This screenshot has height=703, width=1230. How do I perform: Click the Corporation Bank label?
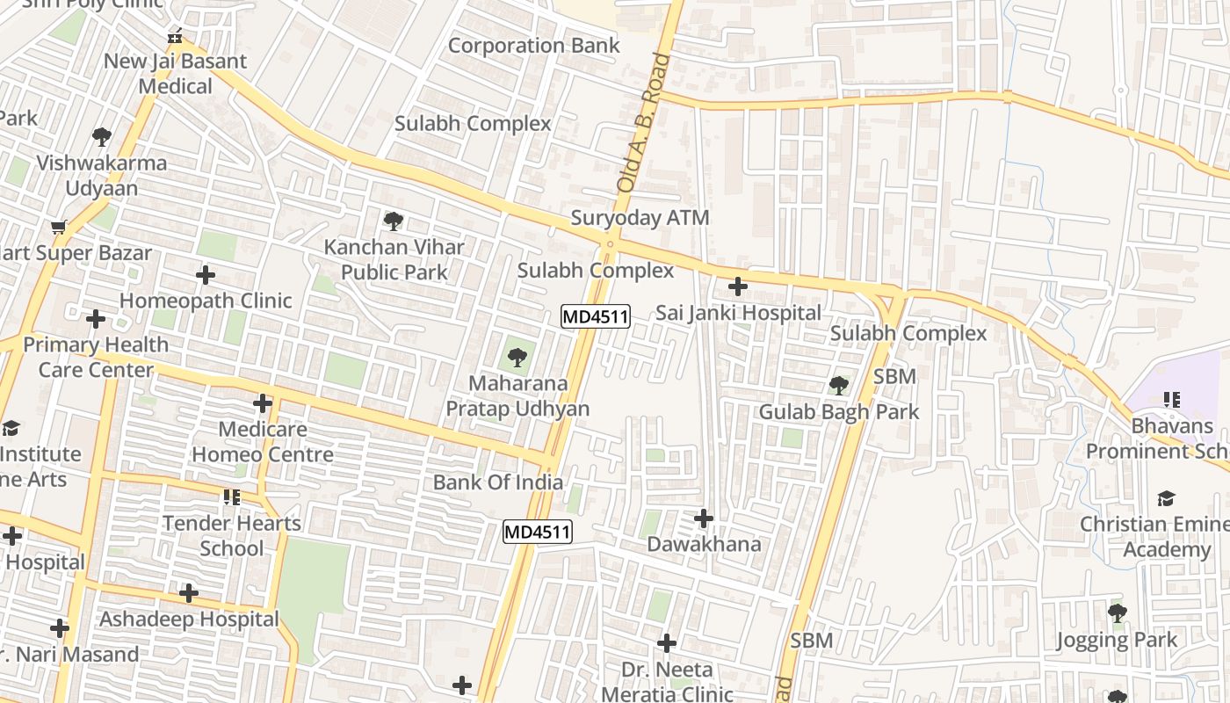point(533,46)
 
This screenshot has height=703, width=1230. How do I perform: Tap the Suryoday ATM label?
point(640,218)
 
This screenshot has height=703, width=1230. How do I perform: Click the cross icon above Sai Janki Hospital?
point(738,286)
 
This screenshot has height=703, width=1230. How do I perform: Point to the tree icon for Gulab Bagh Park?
point(839,385)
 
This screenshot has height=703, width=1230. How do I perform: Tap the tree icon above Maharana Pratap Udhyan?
point(517,357)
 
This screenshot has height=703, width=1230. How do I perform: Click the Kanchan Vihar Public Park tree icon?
point(394,221)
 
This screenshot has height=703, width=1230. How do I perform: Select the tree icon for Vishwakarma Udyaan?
point(102,136)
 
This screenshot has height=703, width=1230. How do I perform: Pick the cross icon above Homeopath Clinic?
point(206,275)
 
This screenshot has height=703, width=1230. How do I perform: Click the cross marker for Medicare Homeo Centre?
point(263,403)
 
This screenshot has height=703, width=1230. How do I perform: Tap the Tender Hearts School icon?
point(232,497)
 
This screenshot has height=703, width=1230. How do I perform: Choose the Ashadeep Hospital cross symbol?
point(189,593)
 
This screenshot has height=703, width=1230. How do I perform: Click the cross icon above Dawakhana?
point(704,518)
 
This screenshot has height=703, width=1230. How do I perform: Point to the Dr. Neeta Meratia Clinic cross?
point(667,643)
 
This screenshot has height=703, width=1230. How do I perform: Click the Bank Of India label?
point(498,482)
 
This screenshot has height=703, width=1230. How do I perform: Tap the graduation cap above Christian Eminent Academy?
point(1166,498)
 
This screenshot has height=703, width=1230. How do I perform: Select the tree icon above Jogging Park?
point(1117,612)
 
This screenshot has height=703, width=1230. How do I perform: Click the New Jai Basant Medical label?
point(176,74)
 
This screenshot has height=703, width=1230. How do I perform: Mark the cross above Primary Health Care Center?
point(96,318)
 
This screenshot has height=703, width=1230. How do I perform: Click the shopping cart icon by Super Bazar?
point(59,228)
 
